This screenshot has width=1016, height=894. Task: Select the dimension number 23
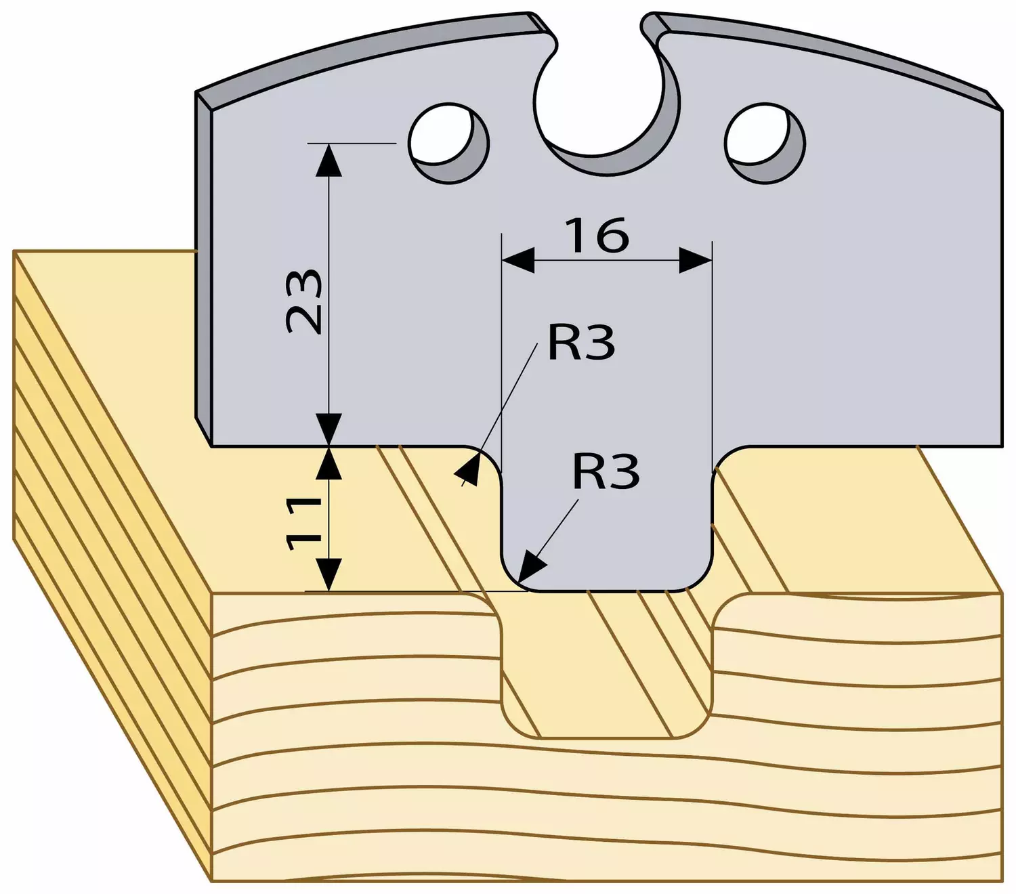point(303,301)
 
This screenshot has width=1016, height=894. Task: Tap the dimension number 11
point(303,524)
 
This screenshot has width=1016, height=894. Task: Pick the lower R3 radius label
point(606,471)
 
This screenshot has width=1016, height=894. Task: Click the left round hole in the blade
point(448,143)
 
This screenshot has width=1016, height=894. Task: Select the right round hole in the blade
point(765,144)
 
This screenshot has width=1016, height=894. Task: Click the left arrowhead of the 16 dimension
point(518,260)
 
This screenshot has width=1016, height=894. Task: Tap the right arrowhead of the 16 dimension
point(696,260)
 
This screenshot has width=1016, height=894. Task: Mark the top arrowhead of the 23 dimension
point(329,159)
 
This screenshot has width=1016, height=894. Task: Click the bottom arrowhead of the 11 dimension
point(329,574)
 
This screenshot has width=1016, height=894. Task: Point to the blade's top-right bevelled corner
point(993,100)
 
